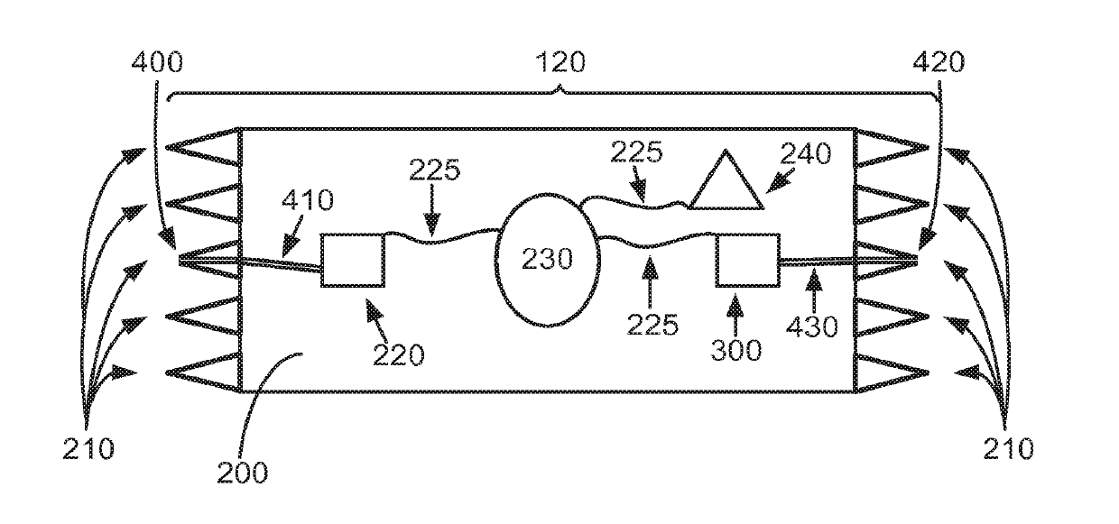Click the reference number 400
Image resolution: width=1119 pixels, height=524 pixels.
[x=157, y=62]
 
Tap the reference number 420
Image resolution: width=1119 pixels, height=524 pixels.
[x=939, y=62]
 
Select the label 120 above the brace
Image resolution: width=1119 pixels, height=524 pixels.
[x=559, y=61]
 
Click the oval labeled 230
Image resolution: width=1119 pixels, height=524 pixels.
[x=547, y=261]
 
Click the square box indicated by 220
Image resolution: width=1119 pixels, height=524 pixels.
[x=353, y=261]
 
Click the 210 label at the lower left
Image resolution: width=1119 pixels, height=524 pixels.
[x=88, y=447]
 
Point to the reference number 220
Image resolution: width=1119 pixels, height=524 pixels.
[x=398, y=354]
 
